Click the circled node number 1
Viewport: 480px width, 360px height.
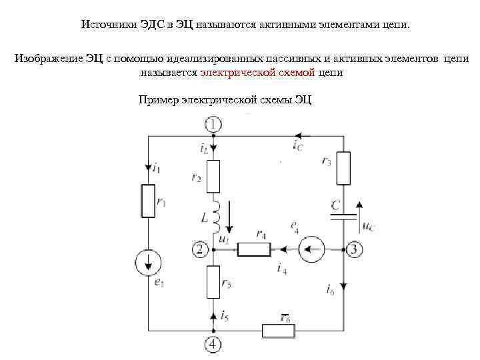(x=213, y=124)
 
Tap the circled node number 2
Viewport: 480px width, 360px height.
(x=200, y=250)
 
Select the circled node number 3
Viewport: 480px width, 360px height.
(x=354, y=250)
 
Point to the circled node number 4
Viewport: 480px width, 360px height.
(x=213, y=344)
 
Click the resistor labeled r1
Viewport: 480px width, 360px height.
(x=148, y=201)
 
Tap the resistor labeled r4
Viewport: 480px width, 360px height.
(x=254, y=250)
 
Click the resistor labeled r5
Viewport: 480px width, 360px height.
(x=213, y=281)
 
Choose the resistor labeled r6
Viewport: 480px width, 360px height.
(x=279, y=330)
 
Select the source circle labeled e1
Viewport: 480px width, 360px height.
(x=148, y=263)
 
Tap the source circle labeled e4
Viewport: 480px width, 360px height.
(x=311, y=250)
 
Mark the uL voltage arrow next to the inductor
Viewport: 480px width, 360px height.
(x=229, y=216)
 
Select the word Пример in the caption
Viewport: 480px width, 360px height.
(x=158, y=100)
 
